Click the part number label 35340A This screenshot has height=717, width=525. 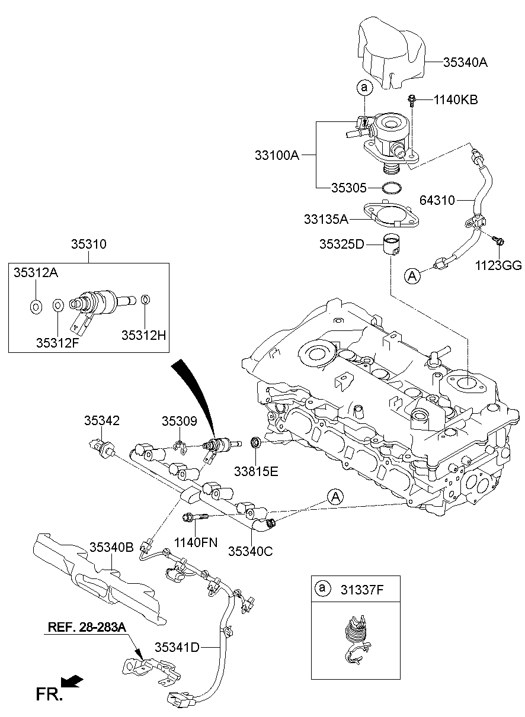click(465, 62)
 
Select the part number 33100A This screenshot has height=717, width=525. click(277, 156)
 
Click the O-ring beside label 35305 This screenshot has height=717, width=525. click(389, 188)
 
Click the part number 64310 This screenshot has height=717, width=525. click(437, 200)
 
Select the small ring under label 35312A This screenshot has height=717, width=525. click(36, 306)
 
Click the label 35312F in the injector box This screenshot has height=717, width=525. click(57, 342)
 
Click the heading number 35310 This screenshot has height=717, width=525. click(88, 243)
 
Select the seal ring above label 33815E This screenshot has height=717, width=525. click(256, 442)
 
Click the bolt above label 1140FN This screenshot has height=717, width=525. click(196, 517)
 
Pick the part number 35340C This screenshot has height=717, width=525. click(250, 551)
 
